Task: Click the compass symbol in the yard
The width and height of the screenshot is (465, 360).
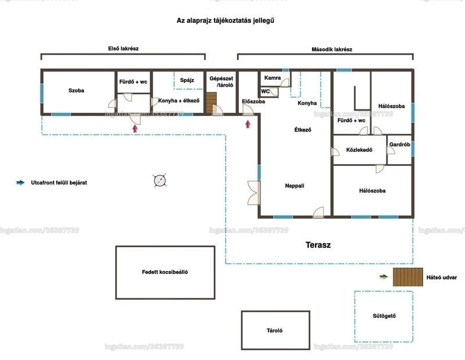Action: coord(159,180)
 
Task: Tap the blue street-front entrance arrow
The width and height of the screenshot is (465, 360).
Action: coord(20,183)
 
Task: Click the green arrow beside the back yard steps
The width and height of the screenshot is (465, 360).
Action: coord(384,277)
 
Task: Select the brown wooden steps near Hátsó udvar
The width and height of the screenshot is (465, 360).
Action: coord(408,277)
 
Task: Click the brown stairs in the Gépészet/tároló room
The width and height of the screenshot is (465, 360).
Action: coord(212,103)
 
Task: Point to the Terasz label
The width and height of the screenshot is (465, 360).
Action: coord(318,245)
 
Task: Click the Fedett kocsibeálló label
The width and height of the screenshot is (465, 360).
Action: coord(165,272)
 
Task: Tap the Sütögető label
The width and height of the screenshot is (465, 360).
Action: coord(384,316)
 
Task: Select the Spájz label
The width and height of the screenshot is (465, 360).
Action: coord(187,80)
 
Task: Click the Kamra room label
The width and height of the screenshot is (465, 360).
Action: coord(272,78)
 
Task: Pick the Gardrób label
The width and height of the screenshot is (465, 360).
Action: coord(399,144)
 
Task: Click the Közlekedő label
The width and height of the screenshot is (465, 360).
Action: coord(359,150)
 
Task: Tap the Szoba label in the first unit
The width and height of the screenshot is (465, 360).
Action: coord(76,91)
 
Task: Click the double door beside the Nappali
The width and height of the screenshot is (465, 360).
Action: coord(254,193)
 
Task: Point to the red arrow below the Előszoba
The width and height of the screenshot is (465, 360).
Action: coord(248,124)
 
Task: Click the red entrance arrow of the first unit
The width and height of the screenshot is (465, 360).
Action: coord(135,128)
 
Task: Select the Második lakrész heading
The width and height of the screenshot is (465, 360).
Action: coord(332,49)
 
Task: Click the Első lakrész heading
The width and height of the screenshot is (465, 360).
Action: coord(123,48)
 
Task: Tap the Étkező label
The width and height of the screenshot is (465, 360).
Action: coord(303,130)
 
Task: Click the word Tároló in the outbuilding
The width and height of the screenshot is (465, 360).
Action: coord(274,330)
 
